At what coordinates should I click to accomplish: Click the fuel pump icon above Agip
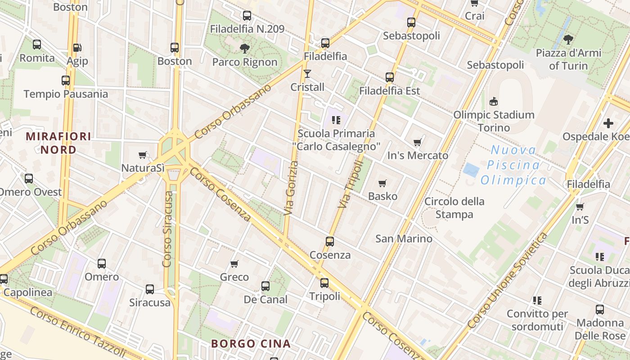click(77, 47)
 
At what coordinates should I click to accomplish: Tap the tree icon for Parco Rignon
click(245, 48)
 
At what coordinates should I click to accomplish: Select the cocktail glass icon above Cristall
click(307, 73)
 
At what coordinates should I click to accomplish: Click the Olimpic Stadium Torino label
click(494, 121)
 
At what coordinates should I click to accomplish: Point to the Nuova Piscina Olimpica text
click(513, 165)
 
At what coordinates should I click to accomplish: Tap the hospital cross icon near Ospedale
click(608, 123)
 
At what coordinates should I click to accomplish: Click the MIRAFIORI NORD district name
click(58, 143)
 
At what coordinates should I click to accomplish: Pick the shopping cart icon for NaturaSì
click(143, 155)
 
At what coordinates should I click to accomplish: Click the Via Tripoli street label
click(350, 184)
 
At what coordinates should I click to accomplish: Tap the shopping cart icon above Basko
click(382, 183)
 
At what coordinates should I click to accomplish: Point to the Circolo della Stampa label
click(454, 207)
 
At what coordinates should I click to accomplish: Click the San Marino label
click(404, 238)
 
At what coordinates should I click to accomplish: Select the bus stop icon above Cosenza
click(330, 241)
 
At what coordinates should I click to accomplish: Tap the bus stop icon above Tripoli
click(324, 283)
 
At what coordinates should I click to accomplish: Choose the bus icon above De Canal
click(265, 286)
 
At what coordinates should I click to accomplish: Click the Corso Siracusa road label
click(168, 229)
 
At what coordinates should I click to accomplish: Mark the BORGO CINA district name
click(251, 344)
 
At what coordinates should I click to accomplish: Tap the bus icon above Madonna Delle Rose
click(600, 309)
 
